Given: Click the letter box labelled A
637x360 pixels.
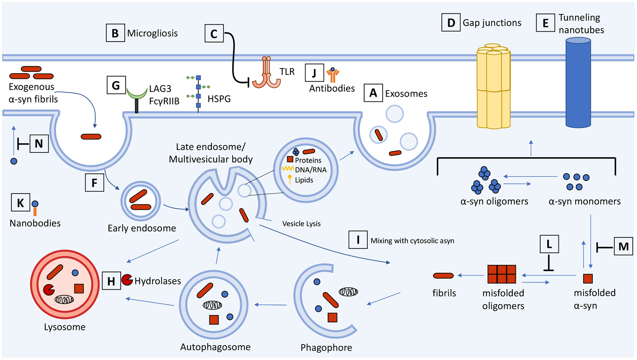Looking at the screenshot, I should point(373,93).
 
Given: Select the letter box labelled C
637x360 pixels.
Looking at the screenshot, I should point(214,34).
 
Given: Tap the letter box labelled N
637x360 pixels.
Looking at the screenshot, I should point(39,144).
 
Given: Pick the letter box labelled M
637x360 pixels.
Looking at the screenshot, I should point(623,246).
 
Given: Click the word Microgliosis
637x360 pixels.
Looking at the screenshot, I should point(152,33).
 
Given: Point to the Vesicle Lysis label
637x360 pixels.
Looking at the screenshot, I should point(301,224).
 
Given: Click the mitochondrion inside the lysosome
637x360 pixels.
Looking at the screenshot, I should point(64,299).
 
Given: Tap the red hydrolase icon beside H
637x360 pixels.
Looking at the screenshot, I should point(127,280).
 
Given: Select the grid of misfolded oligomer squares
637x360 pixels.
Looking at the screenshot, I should point(501,274).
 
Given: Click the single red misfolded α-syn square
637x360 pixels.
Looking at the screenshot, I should point(587,278).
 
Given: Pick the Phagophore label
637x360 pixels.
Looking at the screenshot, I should point(326,348).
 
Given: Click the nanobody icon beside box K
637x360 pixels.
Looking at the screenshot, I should point(35,208).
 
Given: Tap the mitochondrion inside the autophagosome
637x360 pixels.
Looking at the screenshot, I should point(212,305).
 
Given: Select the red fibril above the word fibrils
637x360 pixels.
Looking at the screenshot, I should point(443,276).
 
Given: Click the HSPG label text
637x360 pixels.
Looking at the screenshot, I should point(219,99).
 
